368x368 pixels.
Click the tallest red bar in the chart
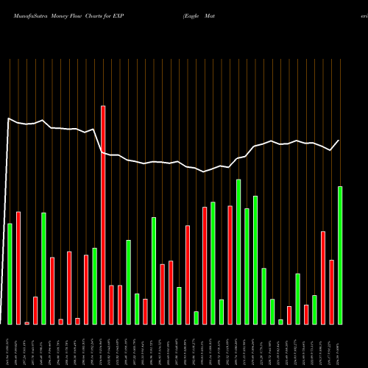pos(103,214)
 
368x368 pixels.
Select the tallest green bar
pos(238,251)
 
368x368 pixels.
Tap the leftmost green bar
pos(10,273)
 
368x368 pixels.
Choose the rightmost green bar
pos(340,255)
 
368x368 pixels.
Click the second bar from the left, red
pos(18,267)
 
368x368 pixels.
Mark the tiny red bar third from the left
pos(26,322)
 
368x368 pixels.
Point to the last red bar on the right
pos(331,291)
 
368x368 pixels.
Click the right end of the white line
pos(339,140)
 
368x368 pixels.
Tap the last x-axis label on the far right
pos(340,345)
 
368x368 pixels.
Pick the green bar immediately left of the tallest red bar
pos(94,286)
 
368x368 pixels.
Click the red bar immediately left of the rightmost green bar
pos(331,291)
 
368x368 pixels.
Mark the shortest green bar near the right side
pos(280,322)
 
